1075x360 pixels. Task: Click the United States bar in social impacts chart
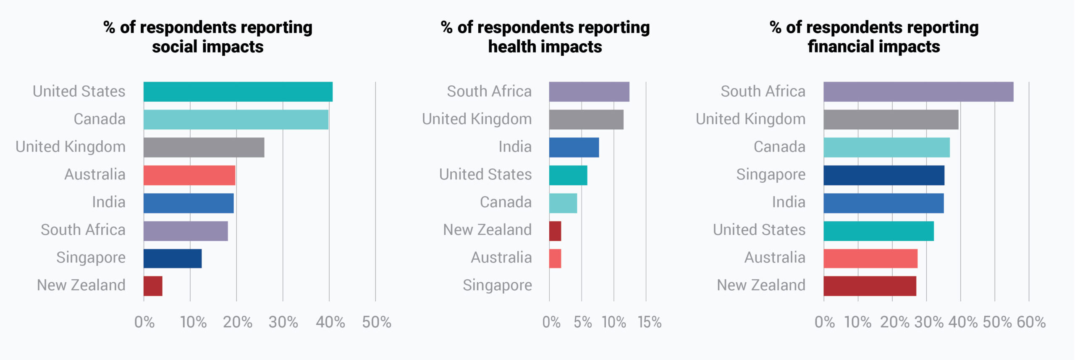coord(238,92)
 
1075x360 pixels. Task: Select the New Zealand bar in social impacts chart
coord(153,286)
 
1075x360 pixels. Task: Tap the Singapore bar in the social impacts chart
coord(172,258)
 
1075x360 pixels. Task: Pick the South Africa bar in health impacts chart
coord(589,92)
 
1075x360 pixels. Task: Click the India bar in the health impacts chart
coord(574,147)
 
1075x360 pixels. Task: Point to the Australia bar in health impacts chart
coord(555,258)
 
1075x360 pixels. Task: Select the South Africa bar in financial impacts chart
coord(918,92)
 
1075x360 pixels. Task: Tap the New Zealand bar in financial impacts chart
coord(870,286)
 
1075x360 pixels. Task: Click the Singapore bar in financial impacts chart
coord(884,175)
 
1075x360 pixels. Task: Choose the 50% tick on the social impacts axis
coord(376,322)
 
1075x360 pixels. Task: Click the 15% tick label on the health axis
coord(649,322)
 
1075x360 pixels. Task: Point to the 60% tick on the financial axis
coord(1031,322)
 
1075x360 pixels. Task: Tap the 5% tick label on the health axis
coord(582,322)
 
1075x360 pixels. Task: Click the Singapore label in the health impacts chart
coord(497,286)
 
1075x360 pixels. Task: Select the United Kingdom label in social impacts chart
coord(71,147)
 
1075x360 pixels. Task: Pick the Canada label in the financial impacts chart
coord(779,147)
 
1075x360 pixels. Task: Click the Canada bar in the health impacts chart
coord(563,203)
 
